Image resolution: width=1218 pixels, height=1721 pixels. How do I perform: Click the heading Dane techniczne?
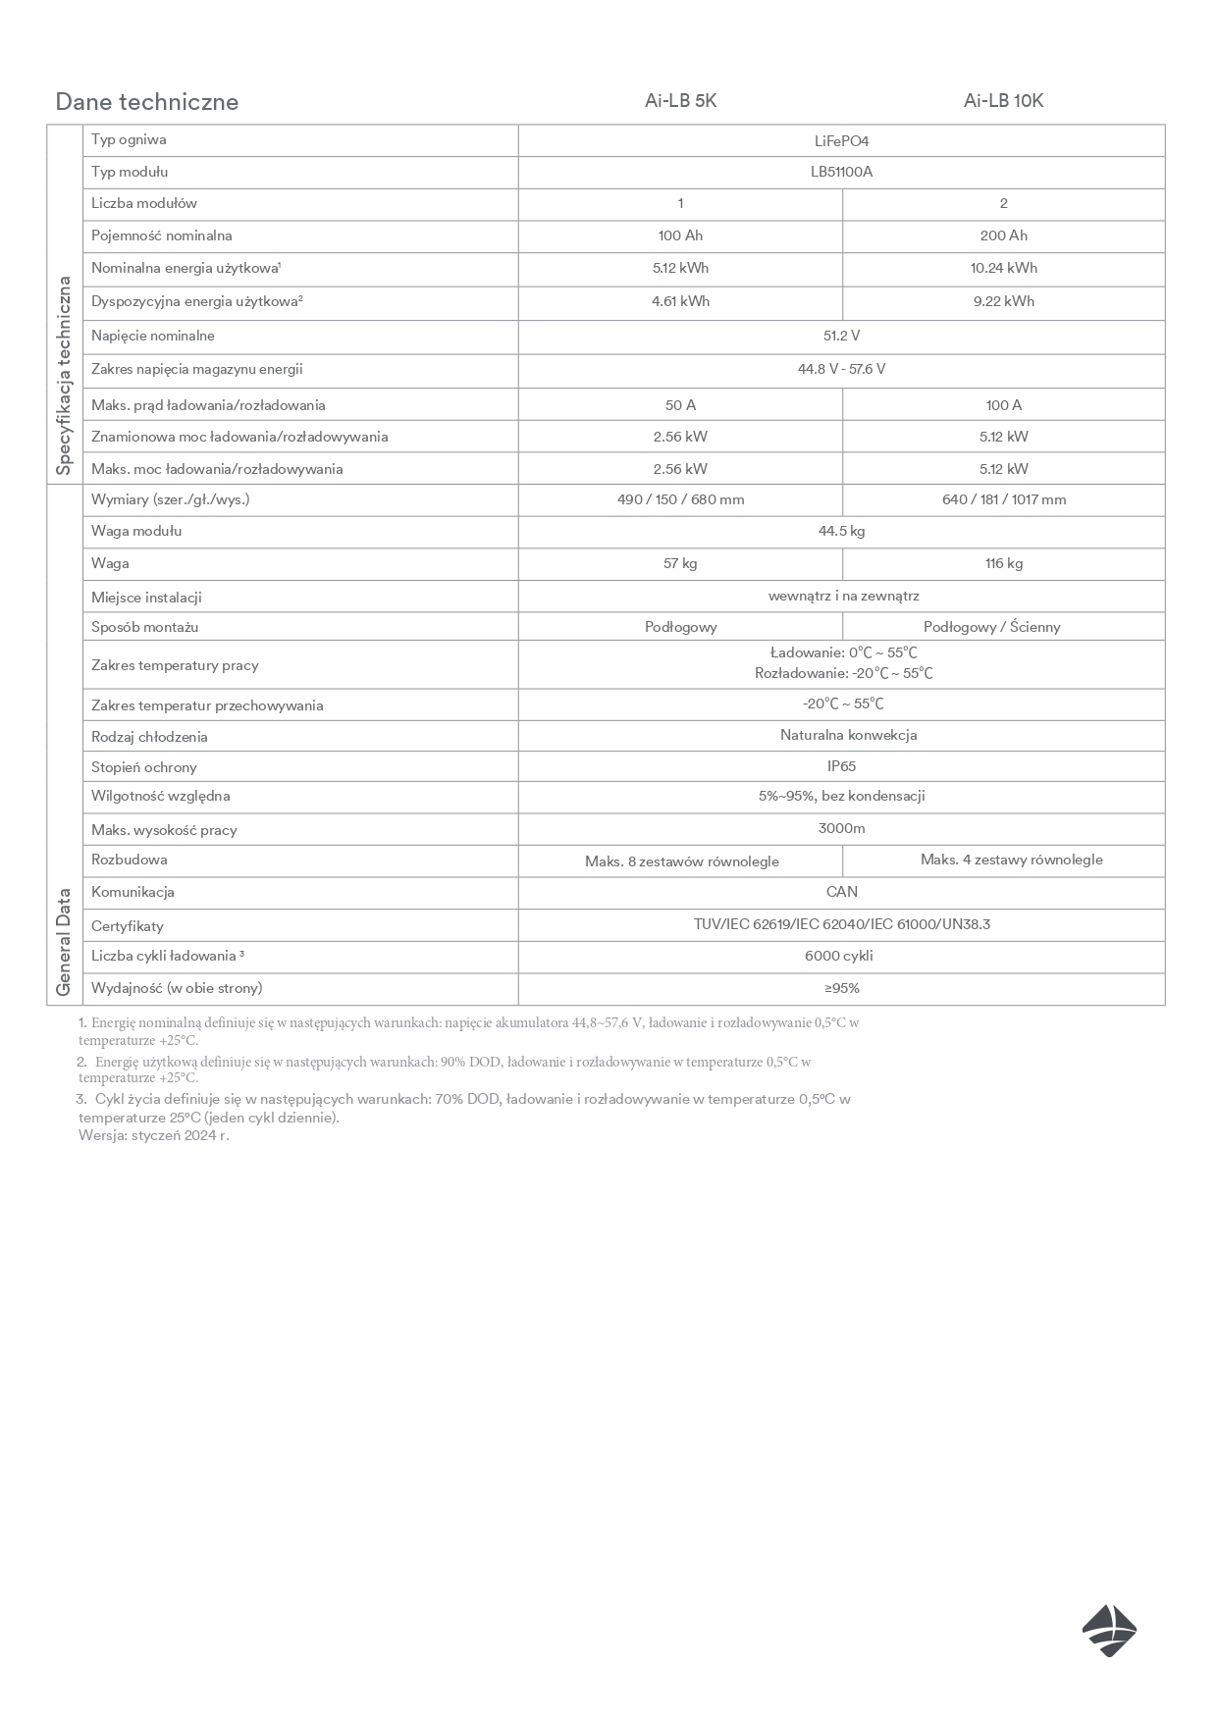point(147,102)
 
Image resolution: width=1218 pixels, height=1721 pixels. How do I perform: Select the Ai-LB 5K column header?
point(680,101)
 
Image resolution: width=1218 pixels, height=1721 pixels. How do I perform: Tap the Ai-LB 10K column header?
point(1003,101)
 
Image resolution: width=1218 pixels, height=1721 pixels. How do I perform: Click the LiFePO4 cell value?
point(841,141)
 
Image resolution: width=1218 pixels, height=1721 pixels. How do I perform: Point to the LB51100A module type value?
point(841,173)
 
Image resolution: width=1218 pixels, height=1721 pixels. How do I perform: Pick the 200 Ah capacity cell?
point(1003,235)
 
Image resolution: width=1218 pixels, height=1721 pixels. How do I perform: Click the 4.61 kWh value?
point(680,301)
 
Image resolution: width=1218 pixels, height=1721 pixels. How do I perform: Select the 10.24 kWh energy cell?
point(1003,268)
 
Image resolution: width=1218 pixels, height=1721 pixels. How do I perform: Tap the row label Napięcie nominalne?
point(153,336)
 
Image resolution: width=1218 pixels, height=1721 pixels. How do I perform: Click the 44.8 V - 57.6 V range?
point(841,369)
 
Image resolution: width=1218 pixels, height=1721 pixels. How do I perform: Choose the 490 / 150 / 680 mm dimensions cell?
point(680,499)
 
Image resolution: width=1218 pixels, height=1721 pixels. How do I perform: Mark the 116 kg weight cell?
point(1003,563)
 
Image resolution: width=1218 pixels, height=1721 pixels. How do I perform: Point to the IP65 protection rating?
point(841,766)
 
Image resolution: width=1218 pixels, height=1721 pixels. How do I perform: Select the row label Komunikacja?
point(132,892)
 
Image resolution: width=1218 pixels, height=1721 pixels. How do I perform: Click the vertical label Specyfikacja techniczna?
point(64,375)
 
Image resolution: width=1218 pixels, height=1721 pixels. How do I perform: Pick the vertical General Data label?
point(64,942)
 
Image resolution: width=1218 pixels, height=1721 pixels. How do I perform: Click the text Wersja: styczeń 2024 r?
point(154,1136)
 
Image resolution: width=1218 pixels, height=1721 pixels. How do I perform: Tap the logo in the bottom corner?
point(1109,1631)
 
